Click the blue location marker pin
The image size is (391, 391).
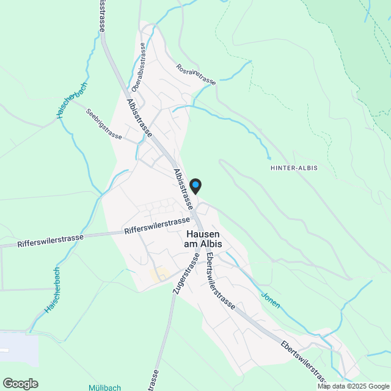click(x=195, y=185)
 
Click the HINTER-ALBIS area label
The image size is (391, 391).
click(x=293, y=167)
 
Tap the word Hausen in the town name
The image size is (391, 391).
click(x=203, y=234)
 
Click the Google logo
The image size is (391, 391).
click(x=20, y=383)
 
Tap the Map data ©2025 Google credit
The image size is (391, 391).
click(x=353, y=386)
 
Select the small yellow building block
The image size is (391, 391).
click(x=159, y=274)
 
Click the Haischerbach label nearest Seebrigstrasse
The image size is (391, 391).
click(x=68, y=100)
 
